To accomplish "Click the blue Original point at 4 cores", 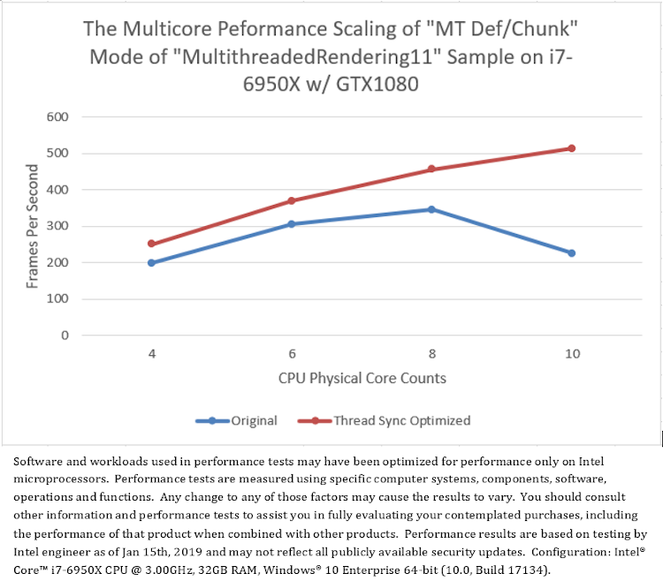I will pos(151,262).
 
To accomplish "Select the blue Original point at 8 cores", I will pos(431,209).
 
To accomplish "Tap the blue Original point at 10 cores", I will pos(571,253).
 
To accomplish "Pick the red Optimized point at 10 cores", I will pos(571,148).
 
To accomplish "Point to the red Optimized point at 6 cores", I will pos(292,200).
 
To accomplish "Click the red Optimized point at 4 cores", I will pos(151,244).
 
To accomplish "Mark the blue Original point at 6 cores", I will pos(292,224).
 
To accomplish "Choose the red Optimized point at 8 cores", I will pos(431,169).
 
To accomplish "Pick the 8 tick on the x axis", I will pos(431,353).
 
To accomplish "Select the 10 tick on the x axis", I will pos(571,353).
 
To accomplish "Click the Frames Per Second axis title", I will pos(34,226).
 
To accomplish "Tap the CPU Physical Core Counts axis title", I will pos(362,378).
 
